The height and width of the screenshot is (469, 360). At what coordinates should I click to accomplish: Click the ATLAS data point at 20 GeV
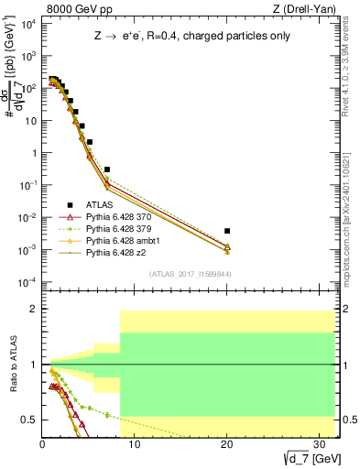[x=227, y=231]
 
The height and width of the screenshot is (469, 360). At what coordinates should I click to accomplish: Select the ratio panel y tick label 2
[x=31, y=310]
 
